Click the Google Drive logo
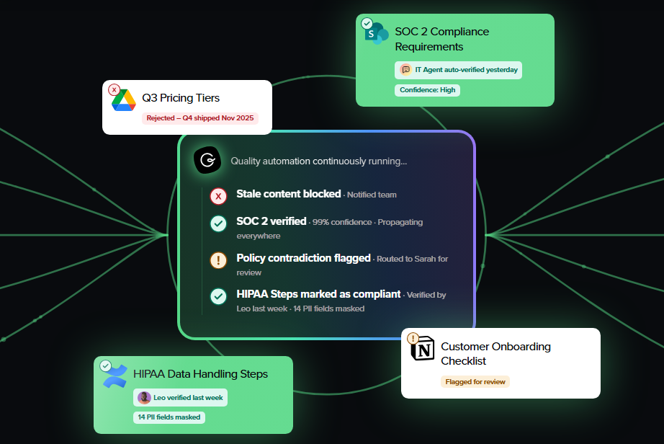pyautogui.click(x=124, y=100)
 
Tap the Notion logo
pyautogui.click(x=423, y=349)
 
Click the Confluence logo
pyautogui.click(x=115, y=376)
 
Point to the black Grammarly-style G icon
pyautogui.click(x=207, y=160)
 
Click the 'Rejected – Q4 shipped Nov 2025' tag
pyautogui.click(x=200, y=118)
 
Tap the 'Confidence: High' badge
pyautogui.click(x=427, y=90)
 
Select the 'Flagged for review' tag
pyautogui.click(x=475, y=382)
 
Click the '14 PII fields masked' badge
pyautogui.click(x=169, y=417)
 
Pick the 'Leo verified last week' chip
pyautogui.click(x=180, y=397)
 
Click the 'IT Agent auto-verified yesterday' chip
pyautogui.click(x=458, y=70)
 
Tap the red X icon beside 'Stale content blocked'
pyautogui.click(x=218, y=196)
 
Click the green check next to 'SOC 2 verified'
pyautogui.click(x=218, y=223)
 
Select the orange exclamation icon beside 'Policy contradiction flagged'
pyautogui.click(x=218, y=260)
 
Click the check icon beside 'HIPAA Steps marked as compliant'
pyautogui.click(x=218, y=296)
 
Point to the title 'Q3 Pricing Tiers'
pyautogui.click(x=181, y=98)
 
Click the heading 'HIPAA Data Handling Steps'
pyautogui.click(x=201, y=374)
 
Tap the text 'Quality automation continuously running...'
pyautogui.click(x=319, y=161)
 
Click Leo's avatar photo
pyautogui.click(x=145, y=397)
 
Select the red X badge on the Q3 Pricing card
pyautogui.click(x=114, y=90)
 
